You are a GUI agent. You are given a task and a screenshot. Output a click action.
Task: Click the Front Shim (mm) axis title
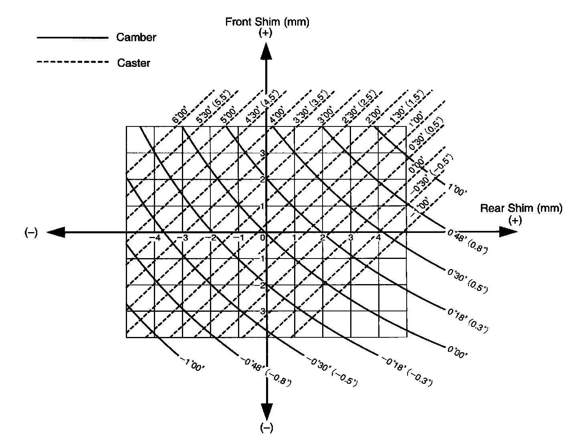click(x=267, y=22)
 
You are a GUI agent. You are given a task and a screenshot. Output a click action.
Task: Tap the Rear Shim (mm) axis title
click(x=521, y=208)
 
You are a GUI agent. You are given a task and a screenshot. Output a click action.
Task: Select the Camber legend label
click(x=136, y=38)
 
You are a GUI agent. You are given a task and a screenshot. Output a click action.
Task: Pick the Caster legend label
click(x=134, y=63)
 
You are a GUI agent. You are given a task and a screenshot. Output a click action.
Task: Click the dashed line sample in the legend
click(x=72, y=62)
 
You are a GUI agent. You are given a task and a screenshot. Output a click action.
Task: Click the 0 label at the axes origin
click(x=262, y=238)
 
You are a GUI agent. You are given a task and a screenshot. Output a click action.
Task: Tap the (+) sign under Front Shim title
click(x=265, y=33)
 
